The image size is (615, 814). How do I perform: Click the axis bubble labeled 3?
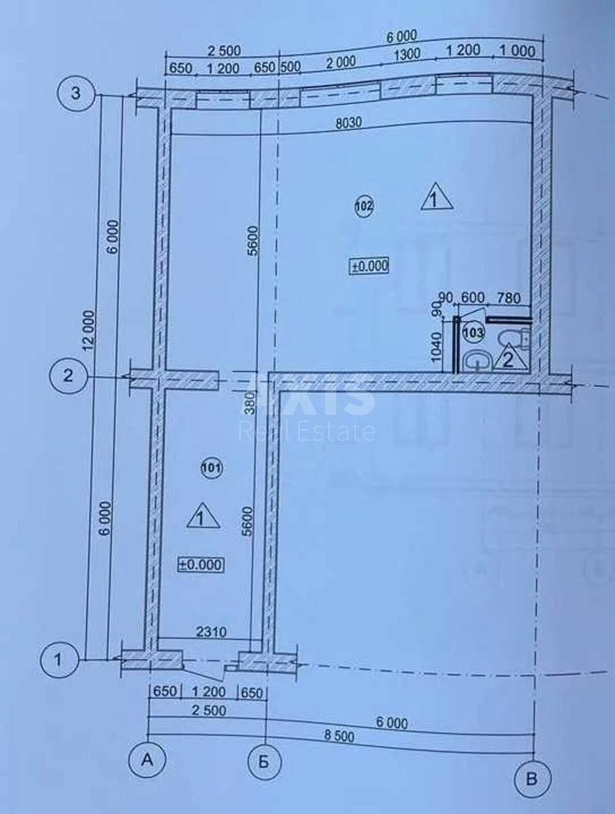point(75,93)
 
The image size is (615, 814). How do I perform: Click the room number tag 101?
point(212,468)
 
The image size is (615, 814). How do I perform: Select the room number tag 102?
point(365,206)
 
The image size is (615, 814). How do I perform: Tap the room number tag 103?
point(474,332)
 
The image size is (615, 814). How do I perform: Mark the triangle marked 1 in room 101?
point(203,518)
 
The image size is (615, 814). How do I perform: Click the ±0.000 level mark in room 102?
point(370,266)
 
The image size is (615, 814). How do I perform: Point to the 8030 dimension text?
point(348,122)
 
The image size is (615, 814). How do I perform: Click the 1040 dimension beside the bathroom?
point(437,347)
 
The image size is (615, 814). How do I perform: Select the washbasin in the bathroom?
point(477,359)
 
